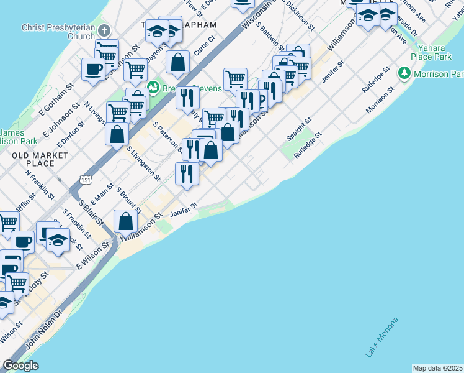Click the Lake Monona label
coord(381,338)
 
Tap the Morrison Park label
coord(439,74)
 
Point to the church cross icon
coord(105,30)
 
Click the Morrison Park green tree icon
coord(404,74)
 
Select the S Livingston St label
coord(143,163)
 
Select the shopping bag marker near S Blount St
coord(125,221)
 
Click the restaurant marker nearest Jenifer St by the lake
coord(187,173)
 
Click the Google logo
coord(20,366)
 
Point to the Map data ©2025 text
coord(437,368)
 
